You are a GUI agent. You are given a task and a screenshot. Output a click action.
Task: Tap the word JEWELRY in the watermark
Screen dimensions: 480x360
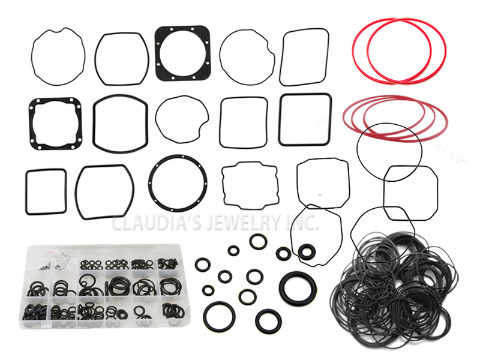(x=242, y=223)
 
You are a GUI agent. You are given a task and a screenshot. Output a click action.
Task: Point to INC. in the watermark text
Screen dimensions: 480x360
(x=302, y=223)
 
